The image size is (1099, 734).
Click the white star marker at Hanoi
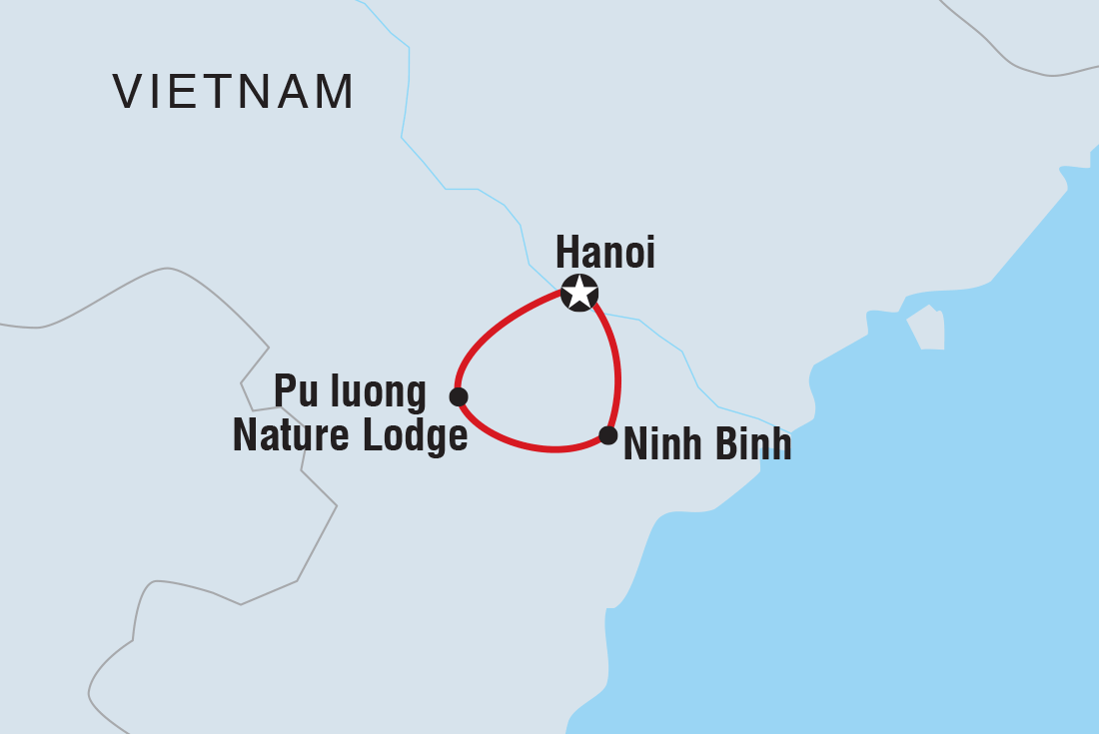coord(579,294)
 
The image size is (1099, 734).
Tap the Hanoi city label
coord(604,252)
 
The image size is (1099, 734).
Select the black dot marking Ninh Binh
coord(607,435)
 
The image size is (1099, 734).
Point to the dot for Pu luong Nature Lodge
coord(459,396)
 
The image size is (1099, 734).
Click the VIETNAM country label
coord(234,92)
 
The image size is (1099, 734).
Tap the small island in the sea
coord(926,329)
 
